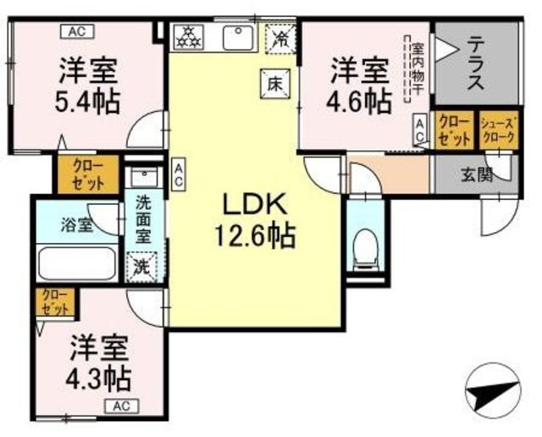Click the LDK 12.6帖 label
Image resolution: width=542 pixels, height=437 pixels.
coord(257,220)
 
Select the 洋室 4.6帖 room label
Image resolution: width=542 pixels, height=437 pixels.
coord(359,86)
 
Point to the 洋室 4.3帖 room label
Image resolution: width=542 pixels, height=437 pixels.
coord(100,362)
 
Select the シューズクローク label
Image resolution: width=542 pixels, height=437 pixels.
coord(496,130)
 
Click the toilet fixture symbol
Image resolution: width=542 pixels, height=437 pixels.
coord(365,246)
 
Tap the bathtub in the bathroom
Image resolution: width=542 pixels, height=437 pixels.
coord(78,264)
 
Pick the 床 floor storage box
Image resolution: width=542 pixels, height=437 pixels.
coord(274,83)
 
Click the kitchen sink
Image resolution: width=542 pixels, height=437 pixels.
coord(236,37)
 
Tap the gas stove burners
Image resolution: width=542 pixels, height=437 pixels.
coord(187,37)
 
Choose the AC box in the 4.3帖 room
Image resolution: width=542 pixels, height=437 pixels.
coord(122,406)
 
